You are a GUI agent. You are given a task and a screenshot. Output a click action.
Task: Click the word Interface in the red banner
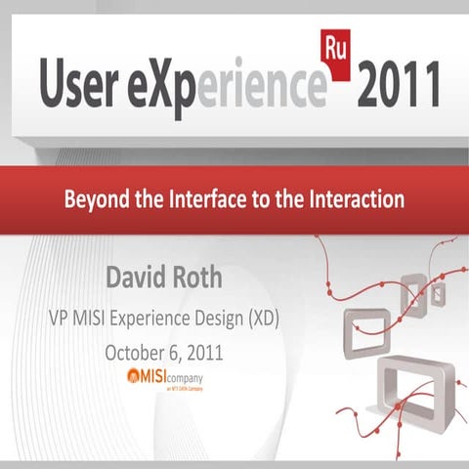coord(211,201)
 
